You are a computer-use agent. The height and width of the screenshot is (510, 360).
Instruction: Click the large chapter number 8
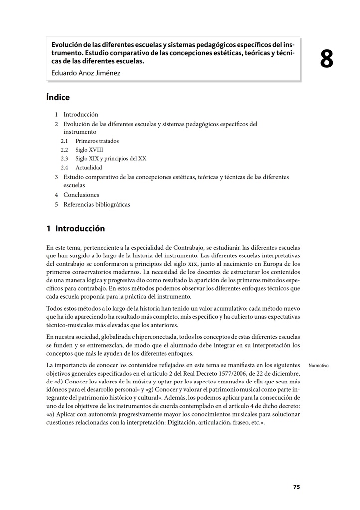(326, 60)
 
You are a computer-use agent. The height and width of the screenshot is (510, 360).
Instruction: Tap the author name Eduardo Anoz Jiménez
(86, 73)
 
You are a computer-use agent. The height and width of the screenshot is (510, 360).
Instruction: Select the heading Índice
(58, 98)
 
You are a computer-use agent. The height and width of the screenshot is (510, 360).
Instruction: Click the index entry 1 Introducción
(80, 114)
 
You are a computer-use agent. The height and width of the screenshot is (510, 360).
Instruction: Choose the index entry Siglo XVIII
(89, 150)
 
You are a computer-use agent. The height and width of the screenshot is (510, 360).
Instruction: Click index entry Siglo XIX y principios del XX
(111, 159)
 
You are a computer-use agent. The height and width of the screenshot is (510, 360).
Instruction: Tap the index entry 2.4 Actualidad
(89, 168)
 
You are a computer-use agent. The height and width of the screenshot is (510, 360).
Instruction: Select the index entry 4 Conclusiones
(81, 195)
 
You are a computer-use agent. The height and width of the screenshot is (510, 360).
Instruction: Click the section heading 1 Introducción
(76, 229)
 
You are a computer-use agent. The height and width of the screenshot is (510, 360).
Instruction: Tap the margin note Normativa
(319, 366)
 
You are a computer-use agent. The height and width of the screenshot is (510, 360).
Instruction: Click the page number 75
(296, 487)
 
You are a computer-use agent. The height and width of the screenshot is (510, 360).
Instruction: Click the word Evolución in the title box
(67, 45)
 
